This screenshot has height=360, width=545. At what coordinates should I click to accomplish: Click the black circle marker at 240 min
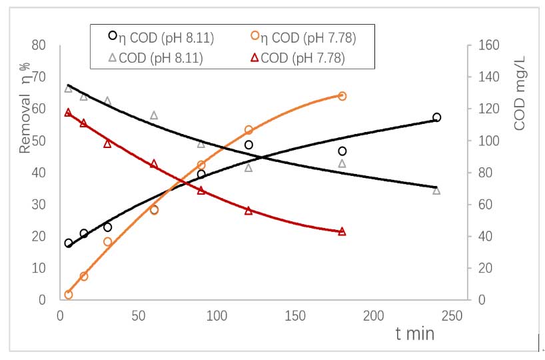click(x=436, y=117)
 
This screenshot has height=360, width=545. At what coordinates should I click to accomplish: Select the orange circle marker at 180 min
click(x=342, y=96)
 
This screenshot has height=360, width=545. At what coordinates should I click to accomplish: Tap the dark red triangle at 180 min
click(x=342, y=231)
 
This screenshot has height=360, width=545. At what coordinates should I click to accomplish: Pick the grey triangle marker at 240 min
click(x=436, y=191)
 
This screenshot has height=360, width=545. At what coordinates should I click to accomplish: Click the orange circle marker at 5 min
click(x=68, y=295)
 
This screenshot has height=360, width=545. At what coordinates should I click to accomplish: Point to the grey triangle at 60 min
click(x=154, y=115)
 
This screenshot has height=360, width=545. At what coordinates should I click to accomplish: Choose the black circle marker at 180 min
click(x=342, y=151)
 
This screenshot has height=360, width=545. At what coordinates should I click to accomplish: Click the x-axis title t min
click(x=414, y=333)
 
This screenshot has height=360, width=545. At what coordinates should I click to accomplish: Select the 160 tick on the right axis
click(x=484, y=45)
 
